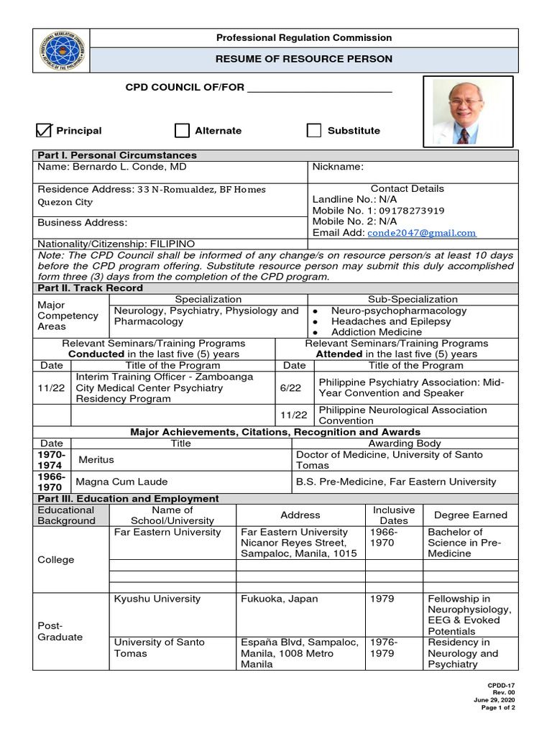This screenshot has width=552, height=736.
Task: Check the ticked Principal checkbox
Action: pos(45,130)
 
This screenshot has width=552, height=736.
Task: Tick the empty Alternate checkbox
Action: pos(182,130)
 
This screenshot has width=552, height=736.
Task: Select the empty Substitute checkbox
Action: pos(314,130)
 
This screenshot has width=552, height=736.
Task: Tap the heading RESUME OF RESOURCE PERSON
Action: pos(304,59)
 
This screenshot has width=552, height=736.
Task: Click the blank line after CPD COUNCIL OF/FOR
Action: pos(319,88)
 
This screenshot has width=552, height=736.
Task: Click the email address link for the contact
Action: pos(421,233)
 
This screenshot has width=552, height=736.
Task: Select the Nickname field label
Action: pos(338,167)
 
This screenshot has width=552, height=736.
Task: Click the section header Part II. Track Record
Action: pos(90,288)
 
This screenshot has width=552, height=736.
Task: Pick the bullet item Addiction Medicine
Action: pos(377,332)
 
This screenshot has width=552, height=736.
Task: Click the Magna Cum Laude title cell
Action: pos(122,482)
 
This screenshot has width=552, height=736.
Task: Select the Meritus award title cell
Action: pos(96,460)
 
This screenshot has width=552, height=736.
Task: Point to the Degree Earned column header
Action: pos(470,515)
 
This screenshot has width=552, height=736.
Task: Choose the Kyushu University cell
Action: pos(157,599)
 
